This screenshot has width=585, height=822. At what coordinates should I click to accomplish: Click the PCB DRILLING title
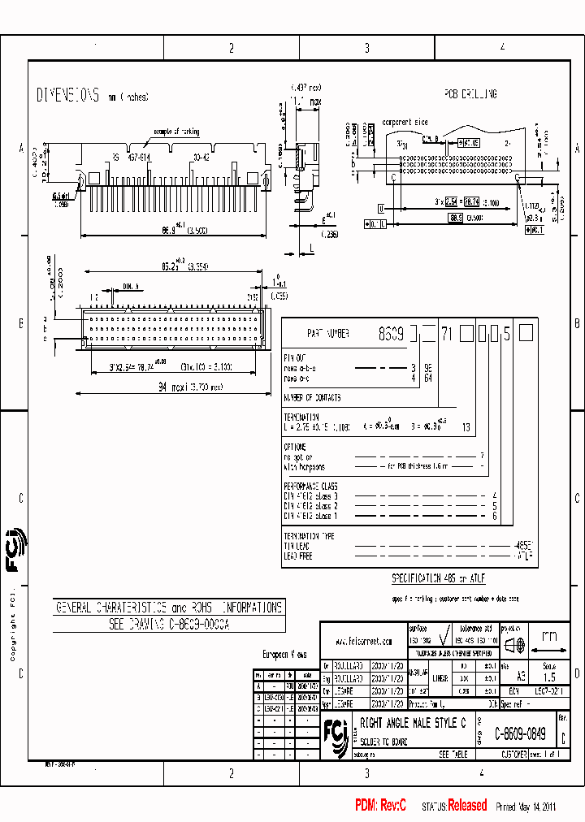(470, 94)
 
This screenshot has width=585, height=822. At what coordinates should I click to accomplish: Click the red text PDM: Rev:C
(380, 805)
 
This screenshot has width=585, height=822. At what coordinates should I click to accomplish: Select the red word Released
(467, 805)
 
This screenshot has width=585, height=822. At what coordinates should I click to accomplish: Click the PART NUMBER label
(328, 333)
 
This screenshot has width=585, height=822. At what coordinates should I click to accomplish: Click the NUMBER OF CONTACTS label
(312, 398)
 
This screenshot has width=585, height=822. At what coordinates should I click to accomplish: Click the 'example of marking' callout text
(176, 131)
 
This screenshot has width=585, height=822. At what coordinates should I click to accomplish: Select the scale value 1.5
(549, 677)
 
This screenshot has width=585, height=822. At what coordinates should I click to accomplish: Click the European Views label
(284, 654)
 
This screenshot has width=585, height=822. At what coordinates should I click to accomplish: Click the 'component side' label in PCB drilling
(405, 121)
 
